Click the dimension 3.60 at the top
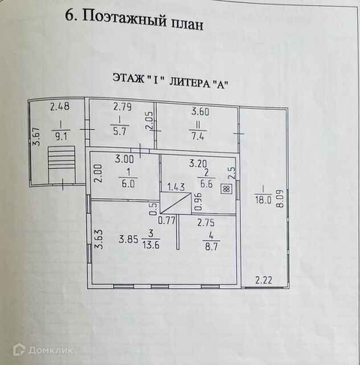tap(199, 112)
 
